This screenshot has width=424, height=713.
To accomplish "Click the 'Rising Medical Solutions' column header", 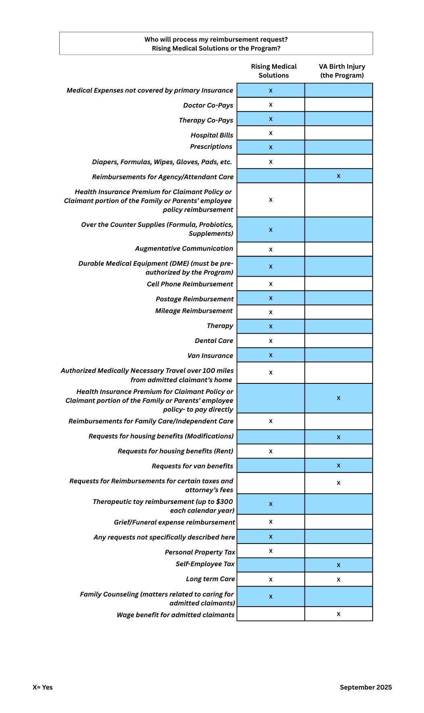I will point(274,71).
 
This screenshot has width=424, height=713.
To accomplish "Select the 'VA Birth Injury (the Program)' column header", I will point(342,71).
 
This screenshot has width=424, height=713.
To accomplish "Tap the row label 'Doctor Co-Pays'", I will point(208,105).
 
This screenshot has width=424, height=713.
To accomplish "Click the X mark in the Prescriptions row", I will point(271,147).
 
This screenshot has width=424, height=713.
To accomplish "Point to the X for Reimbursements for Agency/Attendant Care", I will point(338,176).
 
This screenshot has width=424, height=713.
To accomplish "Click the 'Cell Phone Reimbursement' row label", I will point(190,284).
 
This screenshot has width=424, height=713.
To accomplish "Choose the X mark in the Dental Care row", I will point(271,341).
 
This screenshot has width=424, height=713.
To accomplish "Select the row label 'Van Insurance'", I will point(210,355).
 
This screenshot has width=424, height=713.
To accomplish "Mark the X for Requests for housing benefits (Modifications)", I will point(338,437).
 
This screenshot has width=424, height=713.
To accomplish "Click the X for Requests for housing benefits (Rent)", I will point(271,451).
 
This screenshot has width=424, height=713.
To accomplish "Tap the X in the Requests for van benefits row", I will point(338,465).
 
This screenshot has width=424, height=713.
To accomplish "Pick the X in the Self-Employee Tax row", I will point(338,565).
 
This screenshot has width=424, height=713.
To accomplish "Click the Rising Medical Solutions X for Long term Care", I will point(271,580).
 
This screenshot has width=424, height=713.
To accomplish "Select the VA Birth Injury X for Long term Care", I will point(338,580).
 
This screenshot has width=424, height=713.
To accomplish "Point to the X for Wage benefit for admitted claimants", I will point(338,614).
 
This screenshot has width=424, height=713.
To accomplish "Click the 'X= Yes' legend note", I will point(42,687).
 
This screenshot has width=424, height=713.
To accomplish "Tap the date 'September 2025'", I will point(365,687).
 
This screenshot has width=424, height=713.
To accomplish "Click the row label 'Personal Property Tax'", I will point(199,552).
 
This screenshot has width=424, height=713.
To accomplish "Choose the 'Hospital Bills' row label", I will point(212,135).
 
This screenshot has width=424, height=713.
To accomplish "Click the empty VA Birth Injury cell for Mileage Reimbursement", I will point(338,312).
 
